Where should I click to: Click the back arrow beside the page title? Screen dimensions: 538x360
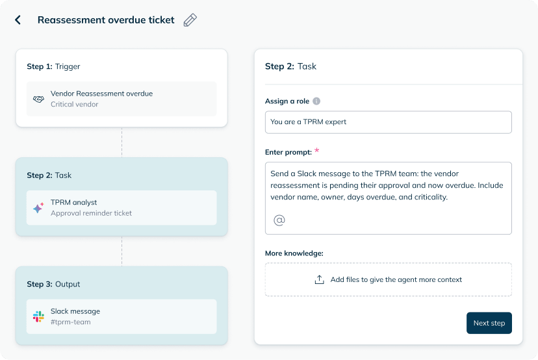click(18, 20)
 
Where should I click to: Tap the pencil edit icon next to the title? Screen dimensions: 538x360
click(190, 20)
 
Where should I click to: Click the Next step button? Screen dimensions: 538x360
click(489, 323)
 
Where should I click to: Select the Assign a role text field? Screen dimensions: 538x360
click(389, 122)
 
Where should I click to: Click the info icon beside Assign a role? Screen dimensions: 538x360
click(316, 101)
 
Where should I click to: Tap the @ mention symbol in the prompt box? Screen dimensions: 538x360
click(279, 220)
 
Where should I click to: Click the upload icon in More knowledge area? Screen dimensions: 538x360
click(320, 279)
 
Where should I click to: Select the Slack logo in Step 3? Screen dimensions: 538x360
click(38, 316)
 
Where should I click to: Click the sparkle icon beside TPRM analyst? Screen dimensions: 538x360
click(38, 208)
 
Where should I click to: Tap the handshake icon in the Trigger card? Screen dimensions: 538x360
click(38, 99)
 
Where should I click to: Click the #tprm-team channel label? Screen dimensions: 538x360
click(71, 322)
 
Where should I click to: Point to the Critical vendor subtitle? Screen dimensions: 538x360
click(75, 105)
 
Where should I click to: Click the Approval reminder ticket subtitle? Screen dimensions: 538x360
click(91, 213)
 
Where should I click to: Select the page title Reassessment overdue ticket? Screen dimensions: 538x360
click(106, 20)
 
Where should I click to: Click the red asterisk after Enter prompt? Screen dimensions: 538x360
click(316, 150)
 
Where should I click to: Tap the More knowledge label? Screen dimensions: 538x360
click(294, 253)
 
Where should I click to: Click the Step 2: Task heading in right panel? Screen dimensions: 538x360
click(290, 66)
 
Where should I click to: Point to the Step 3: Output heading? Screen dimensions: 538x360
click(53, 284)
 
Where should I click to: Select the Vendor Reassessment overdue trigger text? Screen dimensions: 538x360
click(101, 94)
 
